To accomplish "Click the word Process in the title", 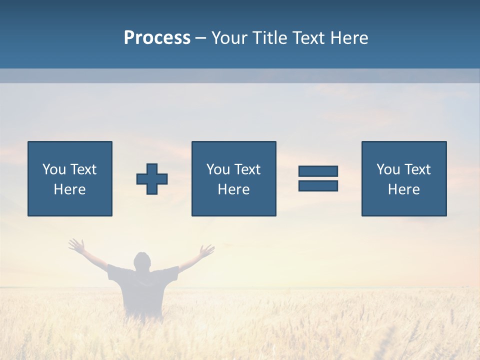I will click(x=157, y=38).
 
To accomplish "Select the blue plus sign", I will click(x=152, y=178).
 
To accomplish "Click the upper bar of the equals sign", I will click(x=318, y=171).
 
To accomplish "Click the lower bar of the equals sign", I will click(x=318, y=185).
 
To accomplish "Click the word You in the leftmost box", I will click(x=54, y=169).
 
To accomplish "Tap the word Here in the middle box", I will click(x=233, y=189).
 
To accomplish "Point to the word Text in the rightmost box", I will click(x=417, y=169).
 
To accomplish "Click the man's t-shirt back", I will click(x=143, y=290).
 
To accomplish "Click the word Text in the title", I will click(x=308, y=38).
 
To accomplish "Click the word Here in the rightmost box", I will click(x=403, y=189).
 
